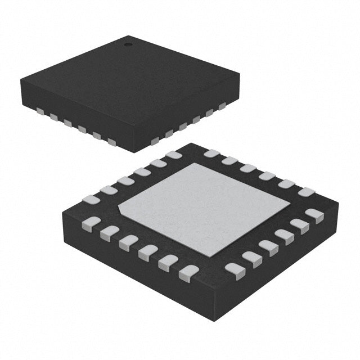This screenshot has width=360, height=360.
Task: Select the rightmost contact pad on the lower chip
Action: [314, 215]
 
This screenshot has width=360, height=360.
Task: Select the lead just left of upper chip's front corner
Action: [112, 141]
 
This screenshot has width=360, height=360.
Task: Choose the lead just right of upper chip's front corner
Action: [155, 141]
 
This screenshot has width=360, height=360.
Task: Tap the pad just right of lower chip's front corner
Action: [235, 271]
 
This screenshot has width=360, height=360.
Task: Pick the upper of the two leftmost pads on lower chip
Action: [91, 199]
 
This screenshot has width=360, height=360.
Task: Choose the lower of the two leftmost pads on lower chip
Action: [91, 224]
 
